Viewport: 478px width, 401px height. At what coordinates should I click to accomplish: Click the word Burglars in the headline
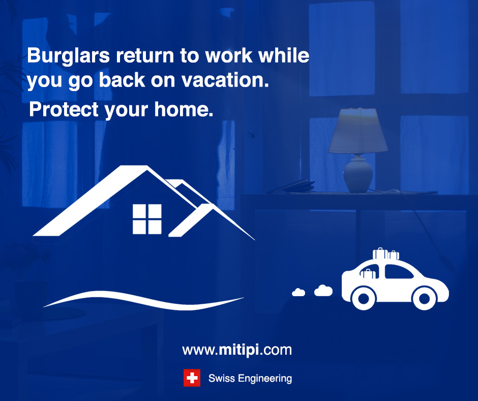[68, 56]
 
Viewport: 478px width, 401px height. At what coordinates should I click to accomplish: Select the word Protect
[64, 109]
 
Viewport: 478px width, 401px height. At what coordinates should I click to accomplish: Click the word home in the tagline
[184, 109]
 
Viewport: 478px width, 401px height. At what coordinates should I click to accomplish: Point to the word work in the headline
[229, 55]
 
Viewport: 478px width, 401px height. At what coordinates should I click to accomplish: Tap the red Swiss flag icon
[192, 378]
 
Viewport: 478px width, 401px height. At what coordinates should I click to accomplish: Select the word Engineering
[265, 379]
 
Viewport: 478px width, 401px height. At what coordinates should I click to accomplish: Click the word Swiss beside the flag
[222, 379]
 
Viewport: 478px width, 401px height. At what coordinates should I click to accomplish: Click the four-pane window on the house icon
[147, 219]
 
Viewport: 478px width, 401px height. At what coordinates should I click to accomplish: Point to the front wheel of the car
[424, 298]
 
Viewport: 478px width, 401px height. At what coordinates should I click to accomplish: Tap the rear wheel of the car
[364, 298]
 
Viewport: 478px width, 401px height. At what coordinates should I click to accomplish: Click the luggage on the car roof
[385, 254]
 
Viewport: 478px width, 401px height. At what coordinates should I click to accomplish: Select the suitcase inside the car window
[368, 274]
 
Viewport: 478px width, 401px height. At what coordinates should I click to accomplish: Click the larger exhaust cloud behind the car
[323, 291]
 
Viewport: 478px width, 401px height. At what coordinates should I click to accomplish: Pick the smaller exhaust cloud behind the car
[298, 293]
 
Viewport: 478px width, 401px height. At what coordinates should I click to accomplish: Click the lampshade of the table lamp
[358, 130]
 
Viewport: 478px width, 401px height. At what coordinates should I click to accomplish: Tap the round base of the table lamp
[358, 175]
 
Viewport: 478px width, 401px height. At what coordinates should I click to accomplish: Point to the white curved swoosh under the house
[143, 300]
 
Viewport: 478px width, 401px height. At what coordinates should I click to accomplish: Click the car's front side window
[398, 272]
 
